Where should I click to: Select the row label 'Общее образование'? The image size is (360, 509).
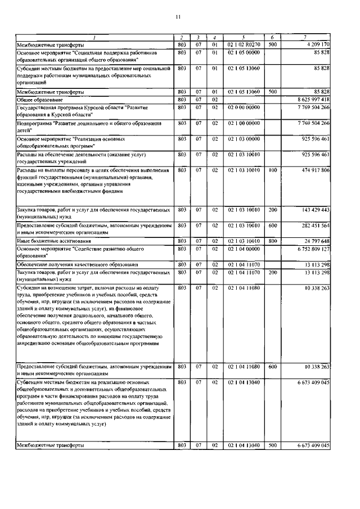pyautogui.click(x=43, y=99)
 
